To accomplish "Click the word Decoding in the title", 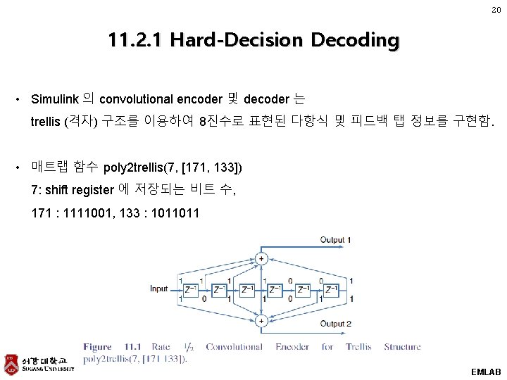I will click(356, 40).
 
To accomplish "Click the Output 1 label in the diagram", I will click(336, 240).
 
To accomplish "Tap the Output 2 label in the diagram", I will click(336, 324).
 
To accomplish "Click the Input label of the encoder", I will click(159, 289).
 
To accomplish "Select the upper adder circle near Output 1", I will click(261, 258).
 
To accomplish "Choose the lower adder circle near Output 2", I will click(261, 320).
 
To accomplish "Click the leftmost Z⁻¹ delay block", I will click(189, 289).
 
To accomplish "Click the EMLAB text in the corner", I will click(485, 371).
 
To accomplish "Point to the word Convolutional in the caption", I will click(234, 346).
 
